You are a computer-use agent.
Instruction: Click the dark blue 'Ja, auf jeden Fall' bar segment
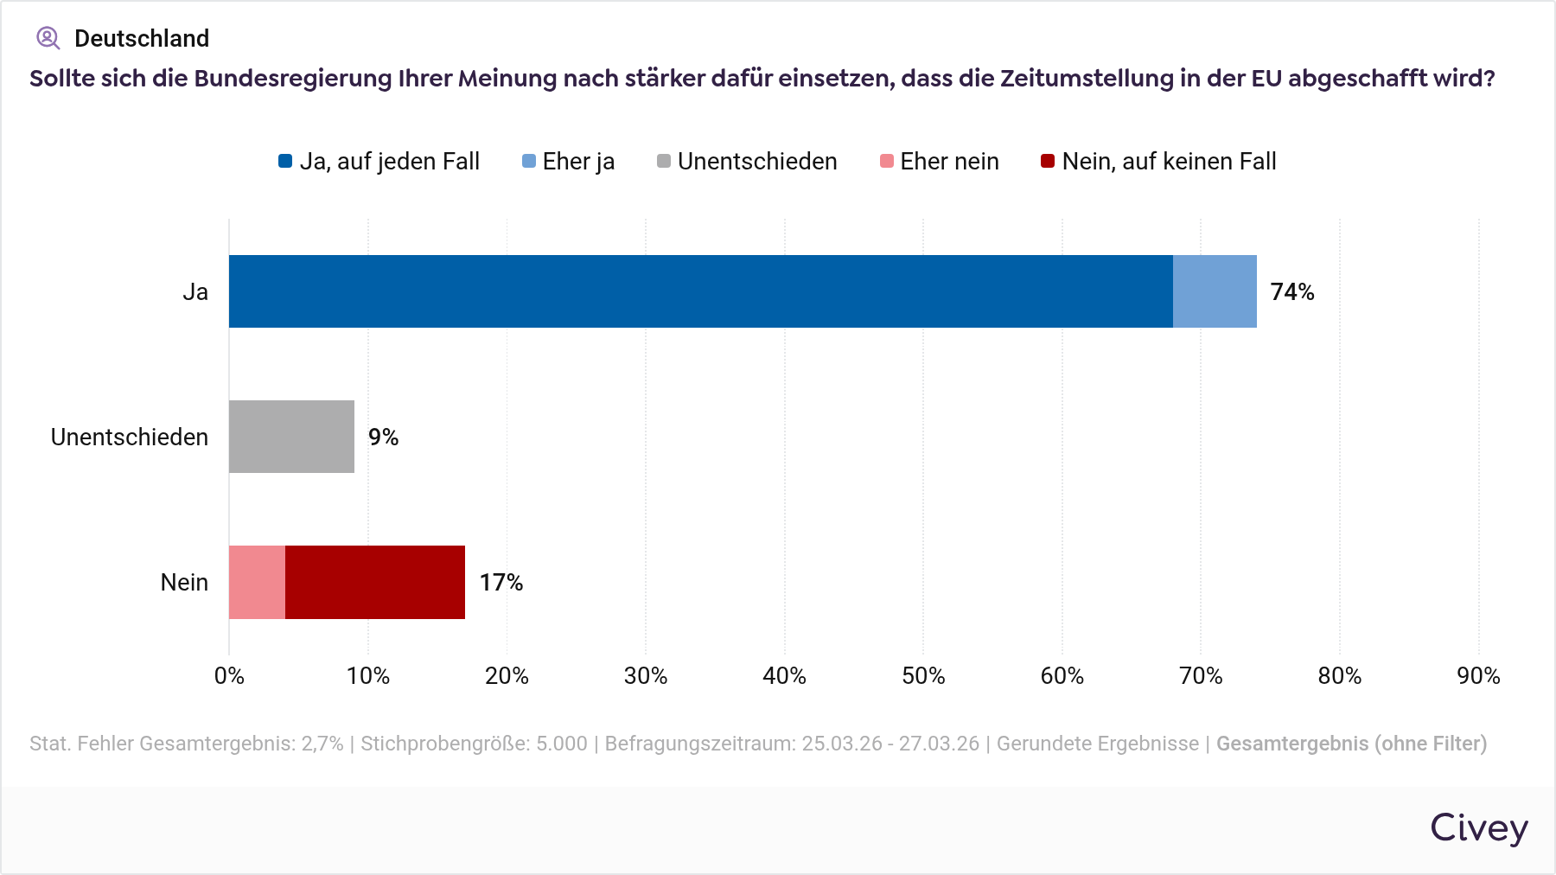pos(700,291)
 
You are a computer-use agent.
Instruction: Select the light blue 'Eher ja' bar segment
pos(1215,291)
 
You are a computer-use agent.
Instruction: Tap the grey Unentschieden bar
pos(291,437)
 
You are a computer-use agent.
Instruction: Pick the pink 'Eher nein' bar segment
pos(257,582)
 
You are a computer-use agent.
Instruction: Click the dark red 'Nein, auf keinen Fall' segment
pos(375,582)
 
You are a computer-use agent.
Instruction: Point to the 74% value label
pos(1291,292)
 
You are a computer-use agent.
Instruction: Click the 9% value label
pos(383,437)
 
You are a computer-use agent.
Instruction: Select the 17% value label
pos(501,583)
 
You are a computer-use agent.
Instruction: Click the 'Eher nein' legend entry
pos(940,162)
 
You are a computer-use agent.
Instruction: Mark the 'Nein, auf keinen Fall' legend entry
pos(1158,162)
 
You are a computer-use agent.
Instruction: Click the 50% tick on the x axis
pos(923,676)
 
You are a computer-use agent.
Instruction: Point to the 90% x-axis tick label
pos(1478,676)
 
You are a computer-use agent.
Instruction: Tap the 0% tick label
pos(229,676)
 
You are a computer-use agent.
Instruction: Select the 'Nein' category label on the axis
pos(184,583)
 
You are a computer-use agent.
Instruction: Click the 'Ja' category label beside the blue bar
pos(195,292)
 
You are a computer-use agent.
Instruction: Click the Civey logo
pos(1478,827)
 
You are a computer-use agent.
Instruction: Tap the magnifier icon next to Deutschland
pos(48,38)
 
